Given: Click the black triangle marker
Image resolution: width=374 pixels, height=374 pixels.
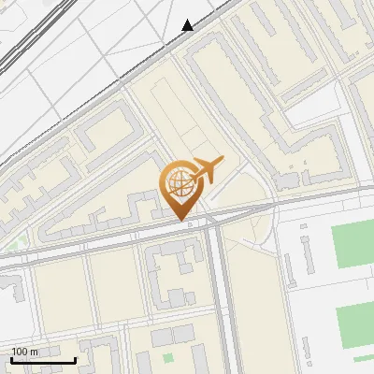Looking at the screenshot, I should point(188,25).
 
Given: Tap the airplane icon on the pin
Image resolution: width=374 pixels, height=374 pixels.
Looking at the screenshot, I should point(207,170).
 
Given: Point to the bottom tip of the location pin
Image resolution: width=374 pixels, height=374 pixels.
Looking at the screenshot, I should point(180,220).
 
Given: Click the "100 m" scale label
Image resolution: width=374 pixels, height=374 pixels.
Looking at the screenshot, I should point(25,352).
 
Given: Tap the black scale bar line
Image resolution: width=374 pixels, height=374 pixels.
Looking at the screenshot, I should point(43,360).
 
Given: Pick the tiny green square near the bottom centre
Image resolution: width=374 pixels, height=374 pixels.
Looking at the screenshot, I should point(168,357).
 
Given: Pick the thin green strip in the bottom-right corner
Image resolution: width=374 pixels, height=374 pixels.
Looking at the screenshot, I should point(363,358).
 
